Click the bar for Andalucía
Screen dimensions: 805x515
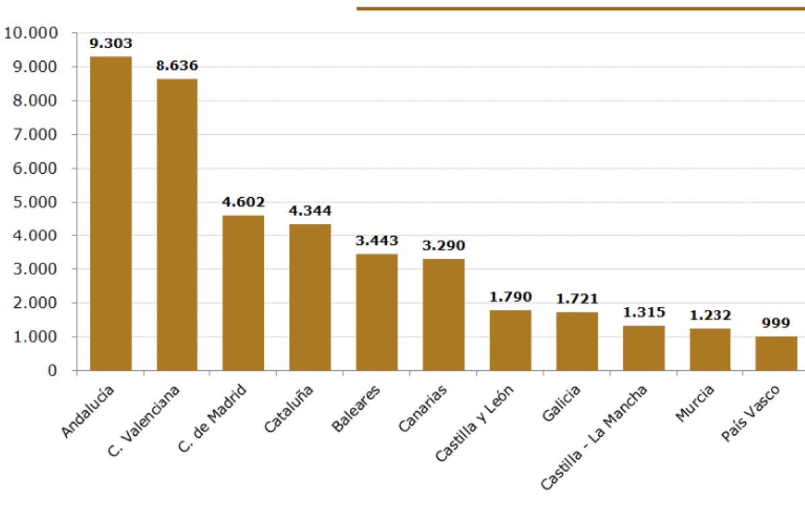[111, 213]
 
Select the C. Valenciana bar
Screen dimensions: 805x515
[177, 225]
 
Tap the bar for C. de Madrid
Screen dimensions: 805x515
[244, 292]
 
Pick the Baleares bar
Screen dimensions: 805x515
[377, 312]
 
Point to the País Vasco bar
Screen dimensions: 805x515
[776, 353]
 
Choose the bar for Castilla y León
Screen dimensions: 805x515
[511, 340]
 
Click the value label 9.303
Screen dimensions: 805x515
[111, 44]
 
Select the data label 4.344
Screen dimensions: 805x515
[310, 211]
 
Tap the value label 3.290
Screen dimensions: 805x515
[443, 245]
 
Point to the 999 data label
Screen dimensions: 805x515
[776, 323]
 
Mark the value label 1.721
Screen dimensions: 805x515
[577, 299]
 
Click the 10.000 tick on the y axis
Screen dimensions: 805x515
[31, 33]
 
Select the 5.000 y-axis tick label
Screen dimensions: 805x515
[35, 203]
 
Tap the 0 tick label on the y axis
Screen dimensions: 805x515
[52, 371]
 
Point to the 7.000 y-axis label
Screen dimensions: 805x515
[35, 135]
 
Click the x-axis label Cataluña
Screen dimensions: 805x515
[288, 408]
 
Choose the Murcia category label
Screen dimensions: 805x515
[695, 403]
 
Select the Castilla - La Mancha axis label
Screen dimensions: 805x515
[594, 437]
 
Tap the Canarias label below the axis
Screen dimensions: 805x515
[423, 408]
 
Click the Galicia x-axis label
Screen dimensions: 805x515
[561, 403]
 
